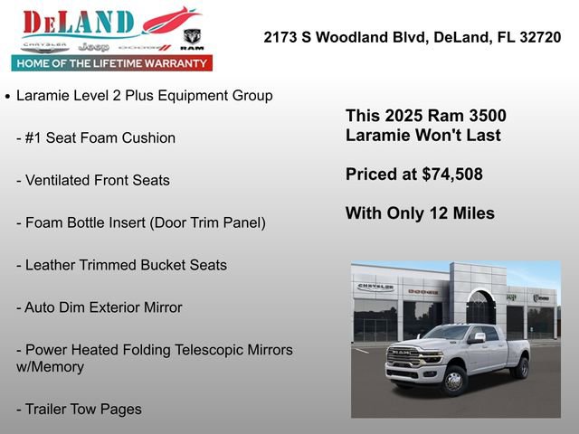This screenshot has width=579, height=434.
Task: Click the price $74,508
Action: click(452, 175)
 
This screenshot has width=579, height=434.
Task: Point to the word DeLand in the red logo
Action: click(78, 23)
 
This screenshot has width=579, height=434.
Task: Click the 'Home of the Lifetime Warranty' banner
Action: click(112, 63)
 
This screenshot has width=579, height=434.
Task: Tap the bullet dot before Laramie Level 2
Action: click(7, 96)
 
